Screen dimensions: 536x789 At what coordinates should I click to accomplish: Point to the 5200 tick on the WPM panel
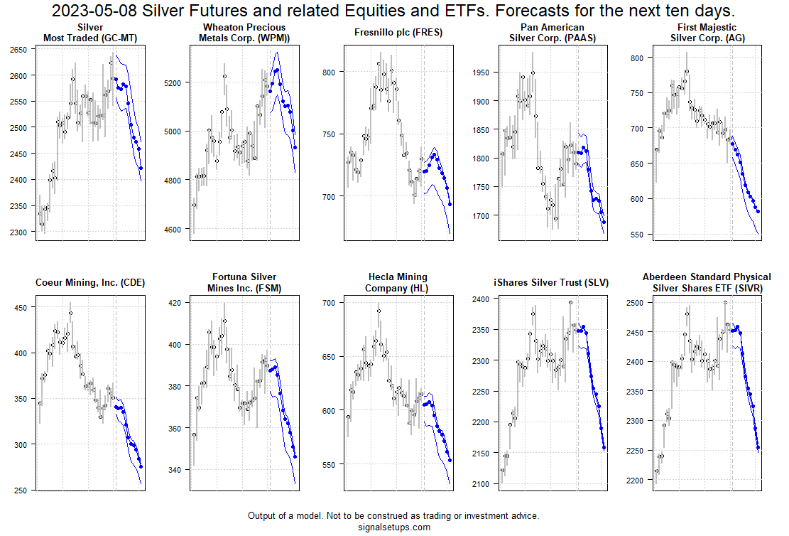(x=171, y=82)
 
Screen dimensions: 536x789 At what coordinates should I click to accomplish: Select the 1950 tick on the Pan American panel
(x=481, y=73)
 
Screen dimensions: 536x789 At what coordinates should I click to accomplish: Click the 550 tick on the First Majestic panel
(x=636, y=235)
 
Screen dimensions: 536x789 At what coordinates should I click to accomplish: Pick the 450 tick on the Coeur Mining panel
(x=22, y=307)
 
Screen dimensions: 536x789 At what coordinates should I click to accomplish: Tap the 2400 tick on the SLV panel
(x=479, y=299)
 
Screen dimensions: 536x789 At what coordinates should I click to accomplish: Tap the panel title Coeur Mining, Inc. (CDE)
(x=90, y=283)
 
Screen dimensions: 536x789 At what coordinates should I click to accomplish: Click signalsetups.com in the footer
(x=394, y=527)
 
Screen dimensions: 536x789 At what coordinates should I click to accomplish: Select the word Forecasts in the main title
(x=514, y=12)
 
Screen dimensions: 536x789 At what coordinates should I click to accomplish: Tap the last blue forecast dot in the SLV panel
(x=604, y=447)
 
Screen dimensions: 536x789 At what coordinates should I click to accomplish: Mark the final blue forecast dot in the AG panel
(x=758, y=211)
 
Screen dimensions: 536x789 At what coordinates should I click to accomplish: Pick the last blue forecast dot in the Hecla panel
(x=450, y=460)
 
